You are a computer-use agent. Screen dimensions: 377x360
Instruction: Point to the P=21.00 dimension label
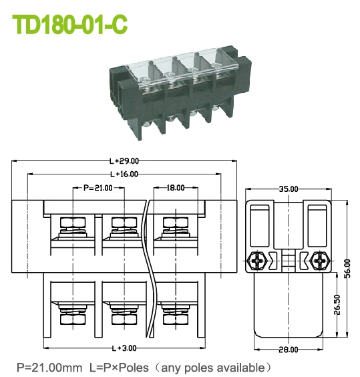click(x=98, y=188)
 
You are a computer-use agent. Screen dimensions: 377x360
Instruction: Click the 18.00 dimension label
click(x=176, y=188)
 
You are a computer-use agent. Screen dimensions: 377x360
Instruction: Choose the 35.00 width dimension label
click(x=289, y=189)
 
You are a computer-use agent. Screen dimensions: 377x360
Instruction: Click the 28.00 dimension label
click(x=289, y=350)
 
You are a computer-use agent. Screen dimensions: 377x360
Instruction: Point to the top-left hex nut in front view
click(x=71, y=222)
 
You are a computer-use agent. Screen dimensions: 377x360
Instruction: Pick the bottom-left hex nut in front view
click(x=71, y=319)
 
